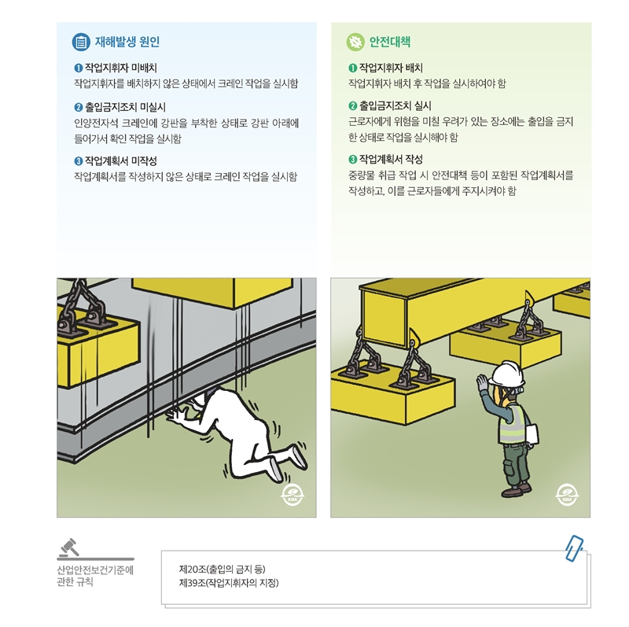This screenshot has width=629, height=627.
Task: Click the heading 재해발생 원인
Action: tap(127, 42)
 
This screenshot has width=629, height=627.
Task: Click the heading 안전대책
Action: tap(389, 42)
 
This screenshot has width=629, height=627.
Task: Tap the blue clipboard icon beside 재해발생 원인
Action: tap(81, 42)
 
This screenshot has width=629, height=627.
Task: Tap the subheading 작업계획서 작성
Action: tap(391, 159)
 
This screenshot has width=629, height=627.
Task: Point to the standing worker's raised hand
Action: tap(481, 383)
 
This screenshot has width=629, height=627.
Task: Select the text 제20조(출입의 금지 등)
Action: tap(223, 568)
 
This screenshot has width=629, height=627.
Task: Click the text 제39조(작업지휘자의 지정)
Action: tap(229, 583)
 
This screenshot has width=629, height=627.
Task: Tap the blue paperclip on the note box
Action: tap(574, 548)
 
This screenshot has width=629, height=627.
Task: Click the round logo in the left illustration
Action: tap(292, 496)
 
